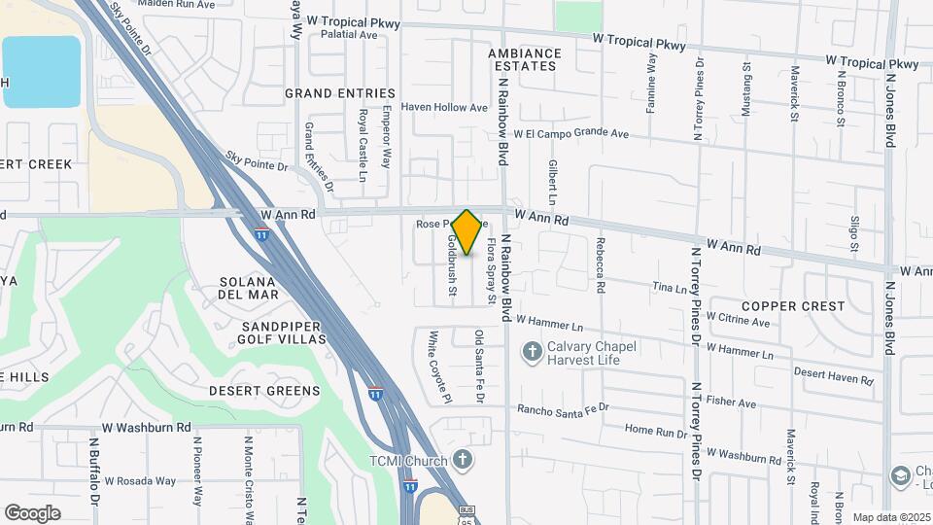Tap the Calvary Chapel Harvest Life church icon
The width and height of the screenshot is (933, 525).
point(532,351)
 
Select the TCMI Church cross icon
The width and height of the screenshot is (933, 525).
point(463,460)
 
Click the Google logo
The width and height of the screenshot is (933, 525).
point(32,512)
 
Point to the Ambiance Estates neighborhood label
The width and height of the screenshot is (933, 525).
point(525,59)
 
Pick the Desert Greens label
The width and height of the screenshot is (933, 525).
point(263,391)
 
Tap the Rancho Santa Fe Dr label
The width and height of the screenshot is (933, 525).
point(563,408)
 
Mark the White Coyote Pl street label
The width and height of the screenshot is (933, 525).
point(434,367)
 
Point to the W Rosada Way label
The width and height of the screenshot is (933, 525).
point(140,480)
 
